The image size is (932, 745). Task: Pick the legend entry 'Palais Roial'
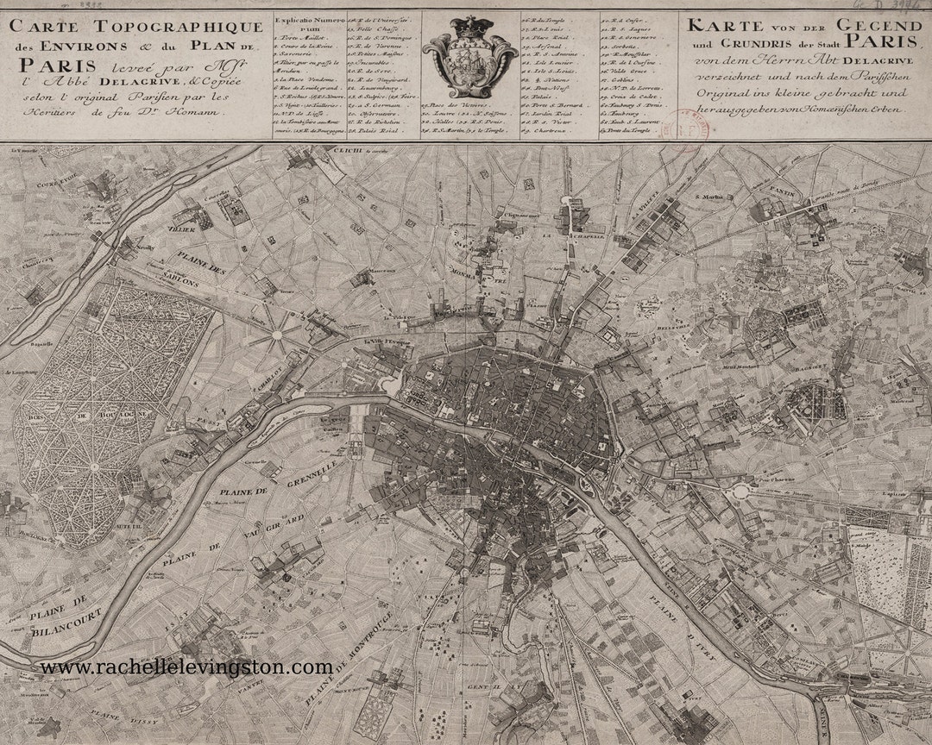click(378, 133)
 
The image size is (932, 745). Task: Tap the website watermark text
click(186, 667)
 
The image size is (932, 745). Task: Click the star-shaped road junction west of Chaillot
click(278, 332)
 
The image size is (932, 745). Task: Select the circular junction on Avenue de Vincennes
click(740, 491)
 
